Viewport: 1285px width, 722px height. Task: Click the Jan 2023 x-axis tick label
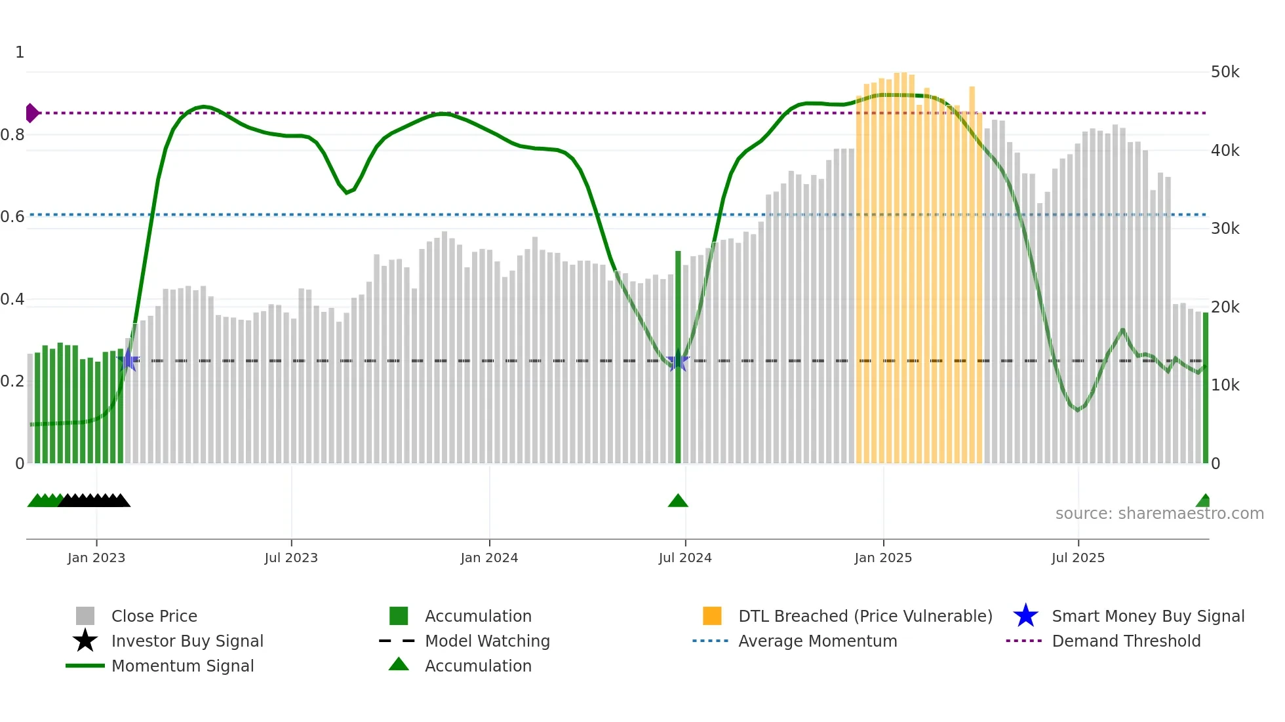pos(96,558)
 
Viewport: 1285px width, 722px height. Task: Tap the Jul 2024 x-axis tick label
pos(685,558)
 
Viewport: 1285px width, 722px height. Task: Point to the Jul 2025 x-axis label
pos(1078,558)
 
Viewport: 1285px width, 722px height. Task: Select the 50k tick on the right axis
pos(1225,72)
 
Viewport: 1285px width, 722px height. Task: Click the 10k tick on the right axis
pos(1225,385)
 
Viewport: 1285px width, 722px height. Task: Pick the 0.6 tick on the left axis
pos(13,217)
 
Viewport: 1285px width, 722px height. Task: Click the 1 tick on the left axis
pos(20,52)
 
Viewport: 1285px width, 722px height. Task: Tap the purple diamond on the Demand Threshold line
pos(31,113)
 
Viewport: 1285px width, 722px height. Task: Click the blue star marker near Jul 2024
pos(678,361)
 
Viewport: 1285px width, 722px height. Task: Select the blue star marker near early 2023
pos(128,360)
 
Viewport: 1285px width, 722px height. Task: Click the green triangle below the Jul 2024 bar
pos(678,501)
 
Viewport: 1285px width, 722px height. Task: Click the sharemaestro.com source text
pos(1159,514)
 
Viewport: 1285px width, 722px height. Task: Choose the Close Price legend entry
pos(153,616)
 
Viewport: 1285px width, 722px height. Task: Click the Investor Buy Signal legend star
pos(85,641)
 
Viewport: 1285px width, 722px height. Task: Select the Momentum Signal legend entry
pos(182,666)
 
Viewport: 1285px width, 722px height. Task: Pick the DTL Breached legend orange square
pos(712,616)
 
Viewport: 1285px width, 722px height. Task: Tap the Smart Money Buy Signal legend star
pos(1025,616)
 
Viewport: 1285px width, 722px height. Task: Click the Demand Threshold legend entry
pos(1126,641)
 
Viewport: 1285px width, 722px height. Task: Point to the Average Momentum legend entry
pos(817,641)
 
